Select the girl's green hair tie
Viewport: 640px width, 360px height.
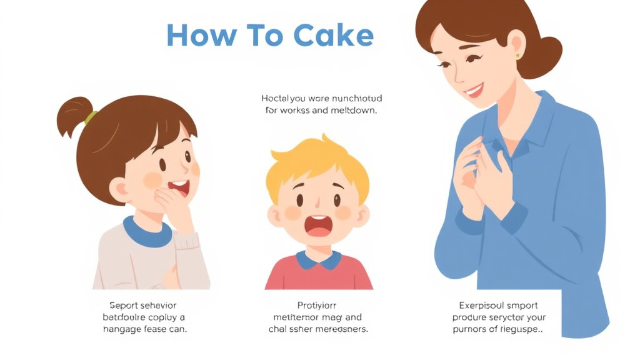pos(91,117)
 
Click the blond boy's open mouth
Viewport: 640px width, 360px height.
pos(317,226)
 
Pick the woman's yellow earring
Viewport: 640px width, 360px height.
pos(517,56)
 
